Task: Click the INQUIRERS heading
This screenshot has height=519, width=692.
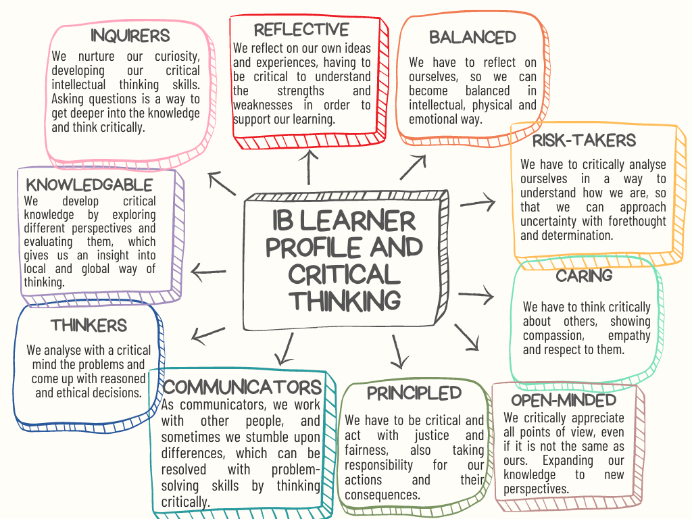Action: [x=130, y=34]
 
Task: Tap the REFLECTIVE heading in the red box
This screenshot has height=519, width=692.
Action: [x=301, y=30]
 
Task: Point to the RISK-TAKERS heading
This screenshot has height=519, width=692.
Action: [x=584, y=141]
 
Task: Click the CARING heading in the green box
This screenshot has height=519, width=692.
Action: [x=584, y=276]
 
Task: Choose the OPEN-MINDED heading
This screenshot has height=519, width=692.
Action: [x=563, y=400]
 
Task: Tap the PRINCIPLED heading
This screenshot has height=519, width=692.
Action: [x=414, y=393]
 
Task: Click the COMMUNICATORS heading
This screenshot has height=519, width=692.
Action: [x=243, y=387]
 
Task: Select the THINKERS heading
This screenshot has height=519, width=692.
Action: [x=89, y=326]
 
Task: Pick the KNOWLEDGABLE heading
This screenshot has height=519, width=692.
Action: [x=89, y=184]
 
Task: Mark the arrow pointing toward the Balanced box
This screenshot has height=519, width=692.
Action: [x=414, y=167]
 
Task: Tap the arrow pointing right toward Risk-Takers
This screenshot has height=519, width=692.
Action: [x=478, y=201]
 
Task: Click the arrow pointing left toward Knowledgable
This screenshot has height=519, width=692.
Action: [x=209, y=272]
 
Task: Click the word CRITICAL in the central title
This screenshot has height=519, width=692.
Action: [x=345, y=274]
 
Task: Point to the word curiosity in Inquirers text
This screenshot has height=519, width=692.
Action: [x=174, y=56]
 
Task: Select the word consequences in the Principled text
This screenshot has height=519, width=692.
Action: [x=382, y=495]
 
